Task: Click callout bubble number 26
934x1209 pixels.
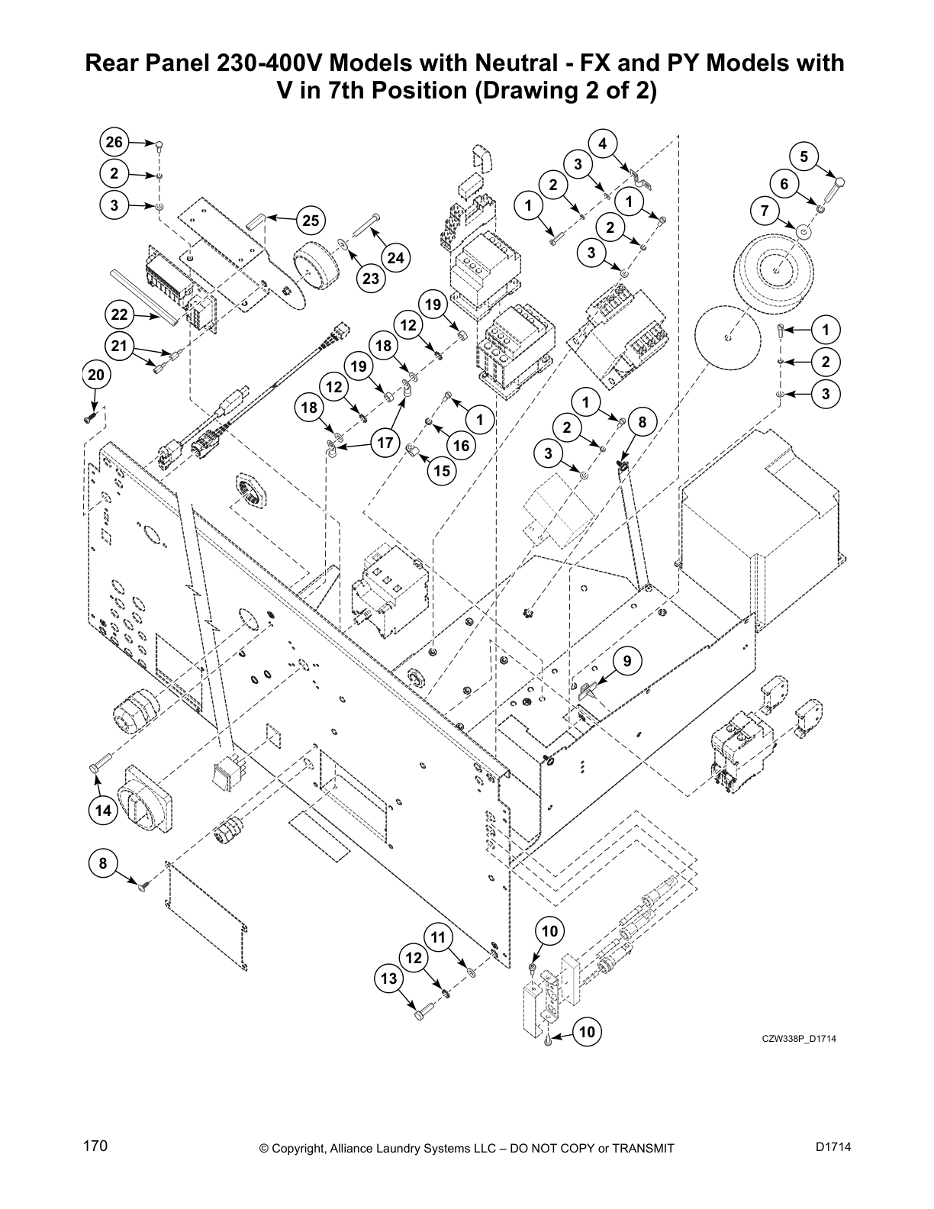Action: (114, 143)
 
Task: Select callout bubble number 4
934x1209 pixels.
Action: (603, 143)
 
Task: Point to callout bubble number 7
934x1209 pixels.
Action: (765, 211)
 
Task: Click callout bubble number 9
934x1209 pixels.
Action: (627, 661)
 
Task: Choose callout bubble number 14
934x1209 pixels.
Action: (103, 811)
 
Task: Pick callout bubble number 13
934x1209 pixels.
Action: (389, 978)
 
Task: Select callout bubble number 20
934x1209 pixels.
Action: (95, 375)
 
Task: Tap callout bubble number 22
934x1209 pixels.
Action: (119, 314)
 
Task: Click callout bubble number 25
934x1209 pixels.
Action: (311, 221)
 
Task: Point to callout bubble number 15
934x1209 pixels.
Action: (443, 471)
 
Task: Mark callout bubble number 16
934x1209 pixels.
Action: (461, 446)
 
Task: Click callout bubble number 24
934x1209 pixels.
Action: (395, 258)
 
